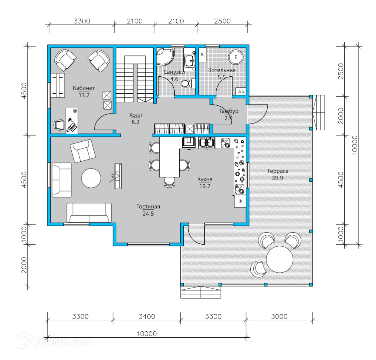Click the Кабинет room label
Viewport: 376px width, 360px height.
coord(84,88)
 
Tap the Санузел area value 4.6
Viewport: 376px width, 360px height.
coord(174,79)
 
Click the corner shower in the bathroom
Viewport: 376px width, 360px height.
coord(165,56)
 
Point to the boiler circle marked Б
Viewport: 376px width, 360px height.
coord(236,57)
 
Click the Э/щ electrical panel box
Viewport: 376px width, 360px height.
coord(241,91)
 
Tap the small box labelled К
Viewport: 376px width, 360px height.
coord(202,55)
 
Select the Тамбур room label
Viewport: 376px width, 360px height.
coord(228,111)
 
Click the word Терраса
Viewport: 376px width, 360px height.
coord(278,171)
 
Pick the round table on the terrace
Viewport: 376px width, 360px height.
coord(279,259)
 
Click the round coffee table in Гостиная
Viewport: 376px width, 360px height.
coord(91,178)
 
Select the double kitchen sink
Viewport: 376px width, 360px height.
coord(207,142)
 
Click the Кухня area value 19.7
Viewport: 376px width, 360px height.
coord(205,186)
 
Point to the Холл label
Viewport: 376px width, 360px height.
coord(136,115)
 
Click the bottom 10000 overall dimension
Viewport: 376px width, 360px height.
coord(147,334)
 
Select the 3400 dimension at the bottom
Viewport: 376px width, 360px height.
coord(147,316)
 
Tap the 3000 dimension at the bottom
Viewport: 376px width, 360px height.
coord(279,316)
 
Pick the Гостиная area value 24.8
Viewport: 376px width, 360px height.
coord(148,214)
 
